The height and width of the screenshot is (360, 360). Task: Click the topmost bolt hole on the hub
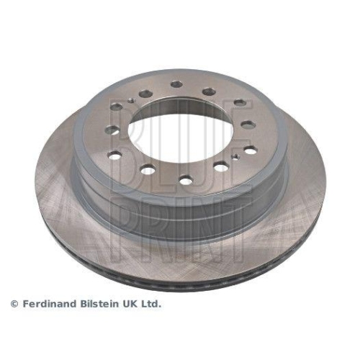pos(176,84)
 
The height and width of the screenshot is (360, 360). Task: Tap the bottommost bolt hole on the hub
pos(186,180)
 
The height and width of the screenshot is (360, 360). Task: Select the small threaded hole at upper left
pos(130,100)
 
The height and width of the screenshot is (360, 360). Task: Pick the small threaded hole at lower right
pos(235,156)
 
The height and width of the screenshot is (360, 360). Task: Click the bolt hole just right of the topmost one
pos(209,91)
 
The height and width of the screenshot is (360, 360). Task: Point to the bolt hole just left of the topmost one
pos(146,93)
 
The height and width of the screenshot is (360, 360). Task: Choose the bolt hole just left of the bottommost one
pos(148,170)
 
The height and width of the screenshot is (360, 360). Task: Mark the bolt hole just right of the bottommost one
pos(221,166)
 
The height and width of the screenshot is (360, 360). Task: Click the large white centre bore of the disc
pos(181,135)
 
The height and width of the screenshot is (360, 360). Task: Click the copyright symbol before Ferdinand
pos(14,305)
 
